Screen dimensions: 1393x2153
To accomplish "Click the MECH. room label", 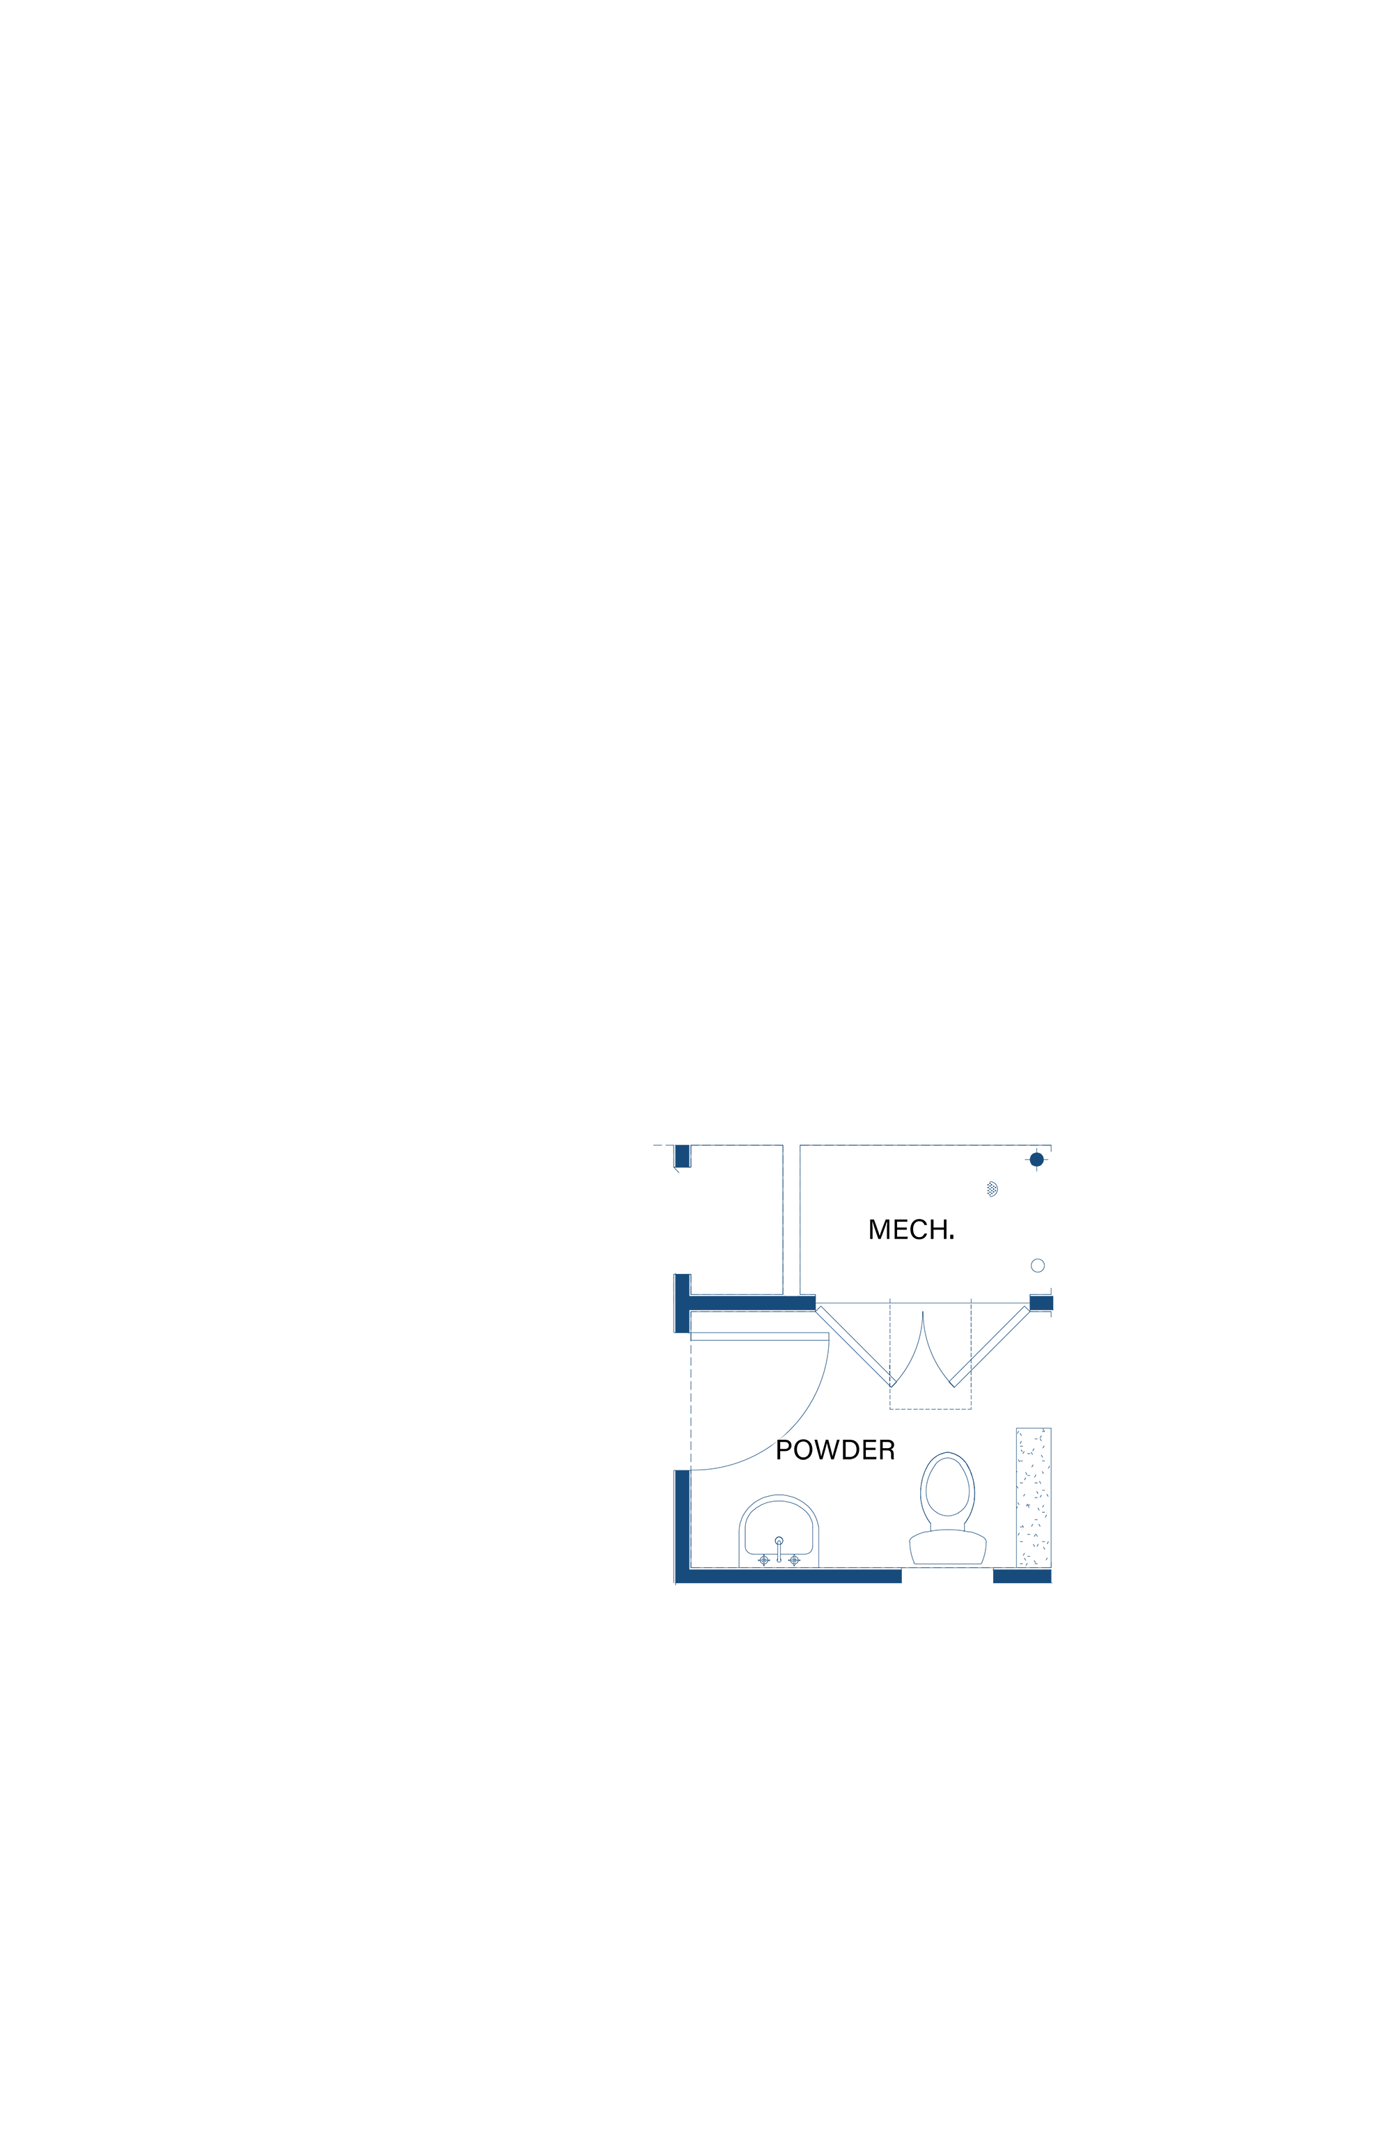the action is point(911,1229).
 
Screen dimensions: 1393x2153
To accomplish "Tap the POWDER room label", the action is point(835,1450).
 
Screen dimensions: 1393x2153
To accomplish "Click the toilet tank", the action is point(947,1548).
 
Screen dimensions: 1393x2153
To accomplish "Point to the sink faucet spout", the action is point(779,1548).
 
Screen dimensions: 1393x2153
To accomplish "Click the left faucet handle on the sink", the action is point(763,1560).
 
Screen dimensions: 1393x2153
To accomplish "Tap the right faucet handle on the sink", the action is point(794,1560).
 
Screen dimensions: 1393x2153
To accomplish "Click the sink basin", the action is point(779,1530).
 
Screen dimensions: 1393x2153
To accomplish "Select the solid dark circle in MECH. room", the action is point(1036,1160).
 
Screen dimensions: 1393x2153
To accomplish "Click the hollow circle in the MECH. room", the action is point(1038,1266).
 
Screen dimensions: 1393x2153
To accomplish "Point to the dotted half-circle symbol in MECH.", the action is point(993,1189).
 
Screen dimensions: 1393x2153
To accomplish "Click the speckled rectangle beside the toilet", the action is point(1033,1498).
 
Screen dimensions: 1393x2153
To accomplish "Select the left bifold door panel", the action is point(854,1346).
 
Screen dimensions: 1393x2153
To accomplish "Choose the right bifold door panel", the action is point(990,1346).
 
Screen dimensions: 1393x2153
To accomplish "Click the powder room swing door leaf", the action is point(760,1336).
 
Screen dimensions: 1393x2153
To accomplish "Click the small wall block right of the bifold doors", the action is point(1041,1303).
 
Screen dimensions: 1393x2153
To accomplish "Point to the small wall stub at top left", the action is point(682,1156).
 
